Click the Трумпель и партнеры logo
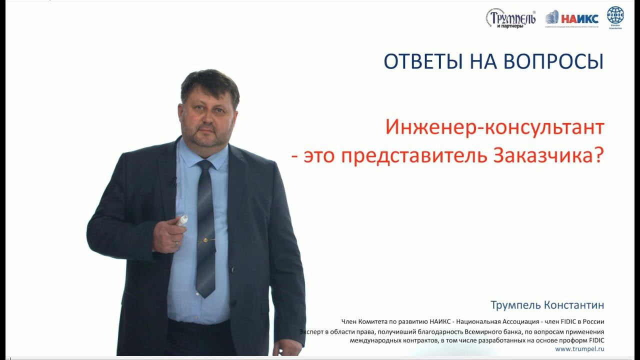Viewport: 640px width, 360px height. point(509,19)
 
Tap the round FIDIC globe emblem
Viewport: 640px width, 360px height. point(615,15)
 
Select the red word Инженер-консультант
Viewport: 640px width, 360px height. point(494,128)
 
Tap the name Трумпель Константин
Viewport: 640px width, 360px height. point(547,304)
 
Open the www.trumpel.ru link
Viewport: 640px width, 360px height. point(579,348)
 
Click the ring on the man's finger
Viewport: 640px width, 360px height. point(176,242)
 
